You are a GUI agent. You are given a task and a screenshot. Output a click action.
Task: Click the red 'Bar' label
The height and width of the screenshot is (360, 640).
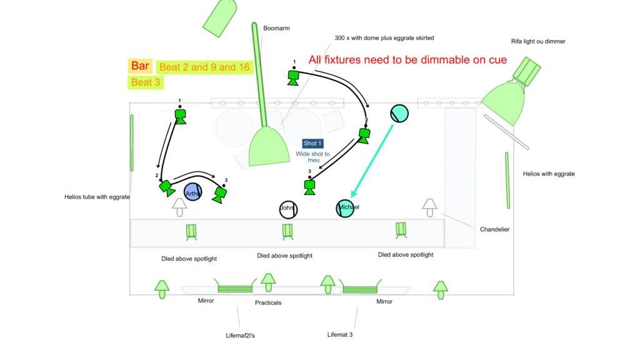140,66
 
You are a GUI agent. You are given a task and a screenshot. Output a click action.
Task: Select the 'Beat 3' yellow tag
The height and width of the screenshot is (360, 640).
146,82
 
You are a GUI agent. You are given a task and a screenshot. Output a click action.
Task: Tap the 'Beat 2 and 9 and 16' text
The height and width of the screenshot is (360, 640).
204,67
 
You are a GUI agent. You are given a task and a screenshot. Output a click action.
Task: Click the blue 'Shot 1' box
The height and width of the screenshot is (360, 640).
312,144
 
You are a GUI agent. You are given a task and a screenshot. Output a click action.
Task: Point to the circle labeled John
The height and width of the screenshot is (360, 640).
287,209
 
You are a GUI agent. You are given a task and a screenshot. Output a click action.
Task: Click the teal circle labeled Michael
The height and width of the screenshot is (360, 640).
346,207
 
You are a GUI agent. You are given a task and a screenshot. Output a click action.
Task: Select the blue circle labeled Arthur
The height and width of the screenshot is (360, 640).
194,194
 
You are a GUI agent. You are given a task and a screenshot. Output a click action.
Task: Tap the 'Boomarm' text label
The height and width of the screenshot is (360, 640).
276,28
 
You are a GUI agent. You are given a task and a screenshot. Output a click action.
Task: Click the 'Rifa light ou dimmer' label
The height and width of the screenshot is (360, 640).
538,41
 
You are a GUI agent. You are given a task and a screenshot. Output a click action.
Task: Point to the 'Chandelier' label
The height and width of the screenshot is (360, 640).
494,229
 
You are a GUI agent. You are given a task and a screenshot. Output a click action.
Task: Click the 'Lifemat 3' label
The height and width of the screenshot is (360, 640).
340,334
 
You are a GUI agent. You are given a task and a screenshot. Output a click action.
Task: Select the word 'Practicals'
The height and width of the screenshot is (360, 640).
268,302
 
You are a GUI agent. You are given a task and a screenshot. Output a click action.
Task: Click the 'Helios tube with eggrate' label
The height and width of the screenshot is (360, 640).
97,197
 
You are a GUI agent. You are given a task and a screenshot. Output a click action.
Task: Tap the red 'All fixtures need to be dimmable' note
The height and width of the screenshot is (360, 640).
407,60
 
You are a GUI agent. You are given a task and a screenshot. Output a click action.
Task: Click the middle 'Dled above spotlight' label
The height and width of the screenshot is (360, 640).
284,256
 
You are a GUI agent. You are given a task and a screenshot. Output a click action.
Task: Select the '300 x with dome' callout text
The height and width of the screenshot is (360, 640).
384,38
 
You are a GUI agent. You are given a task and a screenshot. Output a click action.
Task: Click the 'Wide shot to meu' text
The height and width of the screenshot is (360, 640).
312,157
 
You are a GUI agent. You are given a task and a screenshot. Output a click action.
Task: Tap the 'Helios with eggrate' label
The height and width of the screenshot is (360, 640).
549,174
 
